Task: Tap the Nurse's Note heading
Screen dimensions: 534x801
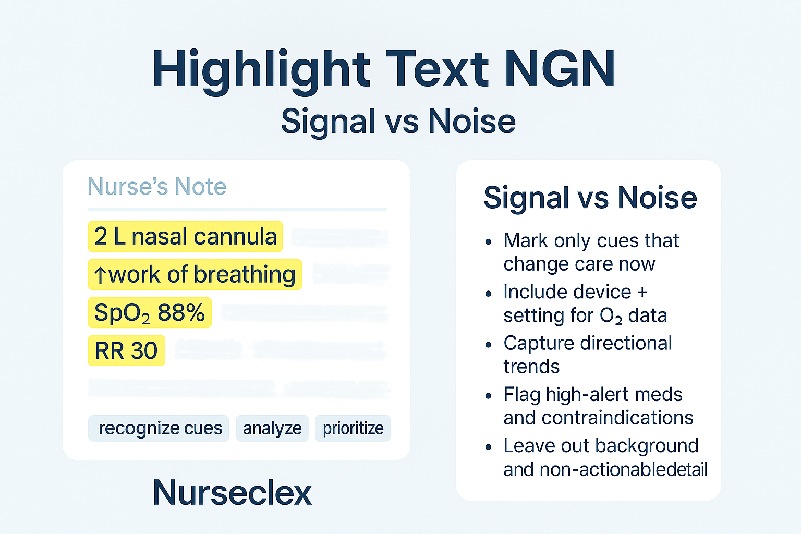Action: pos(156,187)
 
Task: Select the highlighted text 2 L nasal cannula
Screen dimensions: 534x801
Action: pos(185,237)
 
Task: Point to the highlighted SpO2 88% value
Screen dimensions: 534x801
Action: pos(149,313)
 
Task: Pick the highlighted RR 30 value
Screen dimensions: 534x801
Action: pos(126,351)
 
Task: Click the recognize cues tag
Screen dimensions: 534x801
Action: pos(160,429)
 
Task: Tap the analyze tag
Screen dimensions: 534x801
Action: pos(272,429)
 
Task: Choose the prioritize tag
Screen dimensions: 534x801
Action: pos(353,429)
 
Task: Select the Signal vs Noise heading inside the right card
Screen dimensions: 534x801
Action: pos(590,198)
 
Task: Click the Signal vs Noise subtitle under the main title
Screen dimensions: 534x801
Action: pos(398,122)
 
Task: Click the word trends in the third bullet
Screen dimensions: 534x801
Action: pos(531,367)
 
